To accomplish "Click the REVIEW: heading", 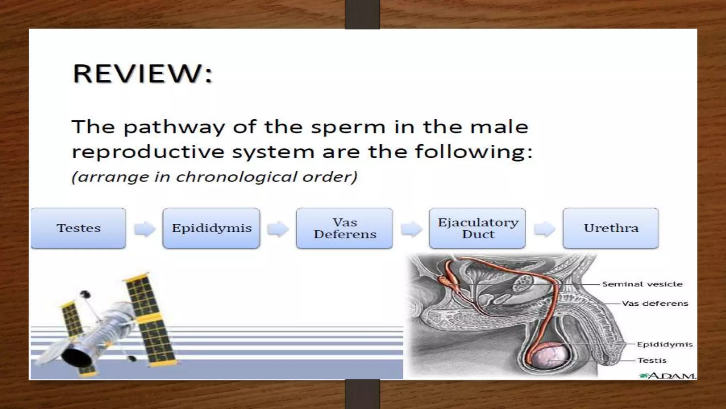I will click(x=143, y=73).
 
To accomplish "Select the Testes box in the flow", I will click(x=78, y=228).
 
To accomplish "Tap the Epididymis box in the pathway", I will click(x=211, y=228).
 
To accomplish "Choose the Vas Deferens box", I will click(x=345, y=228).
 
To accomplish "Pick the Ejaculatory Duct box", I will click(x=478, y=228).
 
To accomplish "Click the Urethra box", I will click(x=611, y=228).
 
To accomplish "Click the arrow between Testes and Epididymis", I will click(x=145, y=229).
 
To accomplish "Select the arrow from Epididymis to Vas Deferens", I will click(x=278, y=229).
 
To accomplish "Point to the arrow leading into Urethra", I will click(x=544, y=229).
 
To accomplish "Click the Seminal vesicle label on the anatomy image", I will click(x=642, y=284).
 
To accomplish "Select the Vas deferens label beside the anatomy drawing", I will click(x=655, y=304).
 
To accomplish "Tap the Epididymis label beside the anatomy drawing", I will click(x=664, y=344).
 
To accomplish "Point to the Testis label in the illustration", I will click(x=652, y=360).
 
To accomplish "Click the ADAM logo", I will click(x=668, y=375).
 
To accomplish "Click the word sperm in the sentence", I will click(x=348, y=127).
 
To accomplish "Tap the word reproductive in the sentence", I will click(x=148, y=152).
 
